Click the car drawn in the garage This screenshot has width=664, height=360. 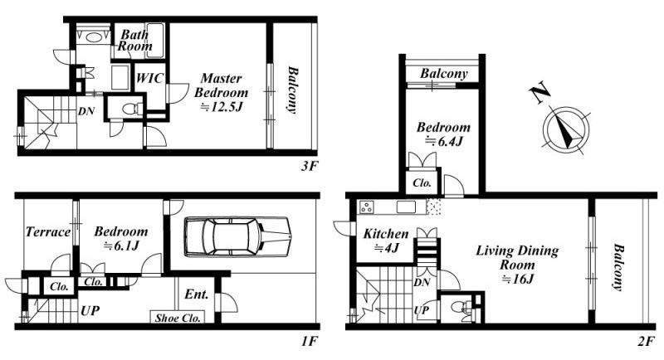tap(238, 236)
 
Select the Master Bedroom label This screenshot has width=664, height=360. tap(221, 92)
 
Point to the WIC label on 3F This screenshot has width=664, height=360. tap(149, 78)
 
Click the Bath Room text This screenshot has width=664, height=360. tap(134, 40)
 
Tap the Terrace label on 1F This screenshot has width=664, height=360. tap(48, 231)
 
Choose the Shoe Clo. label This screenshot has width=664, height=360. tap(178, 318)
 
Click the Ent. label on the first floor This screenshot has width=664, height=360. tap(196, 294)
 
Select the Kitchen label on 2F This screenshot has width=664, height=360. tap(386, 240)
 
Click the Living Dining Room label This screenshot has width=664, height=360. tap(517, 265)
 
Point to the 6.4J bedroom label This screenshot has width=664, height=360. tap(443, 134)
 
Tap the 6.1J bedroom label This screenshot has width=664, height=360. tap(120, 238)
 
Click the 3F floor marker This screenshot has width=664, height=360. tap(309, 166)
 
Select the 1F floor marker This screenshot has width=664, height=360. tap(309, 341)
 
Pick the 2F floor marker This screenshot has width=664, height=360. tap(647, 341)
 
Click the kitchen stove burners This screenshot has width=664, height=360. tap(366, 207)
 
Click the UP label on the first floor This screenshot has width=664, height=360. tap(90, 310)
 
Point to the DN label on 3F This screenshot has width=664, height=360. tap(86, 111)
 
